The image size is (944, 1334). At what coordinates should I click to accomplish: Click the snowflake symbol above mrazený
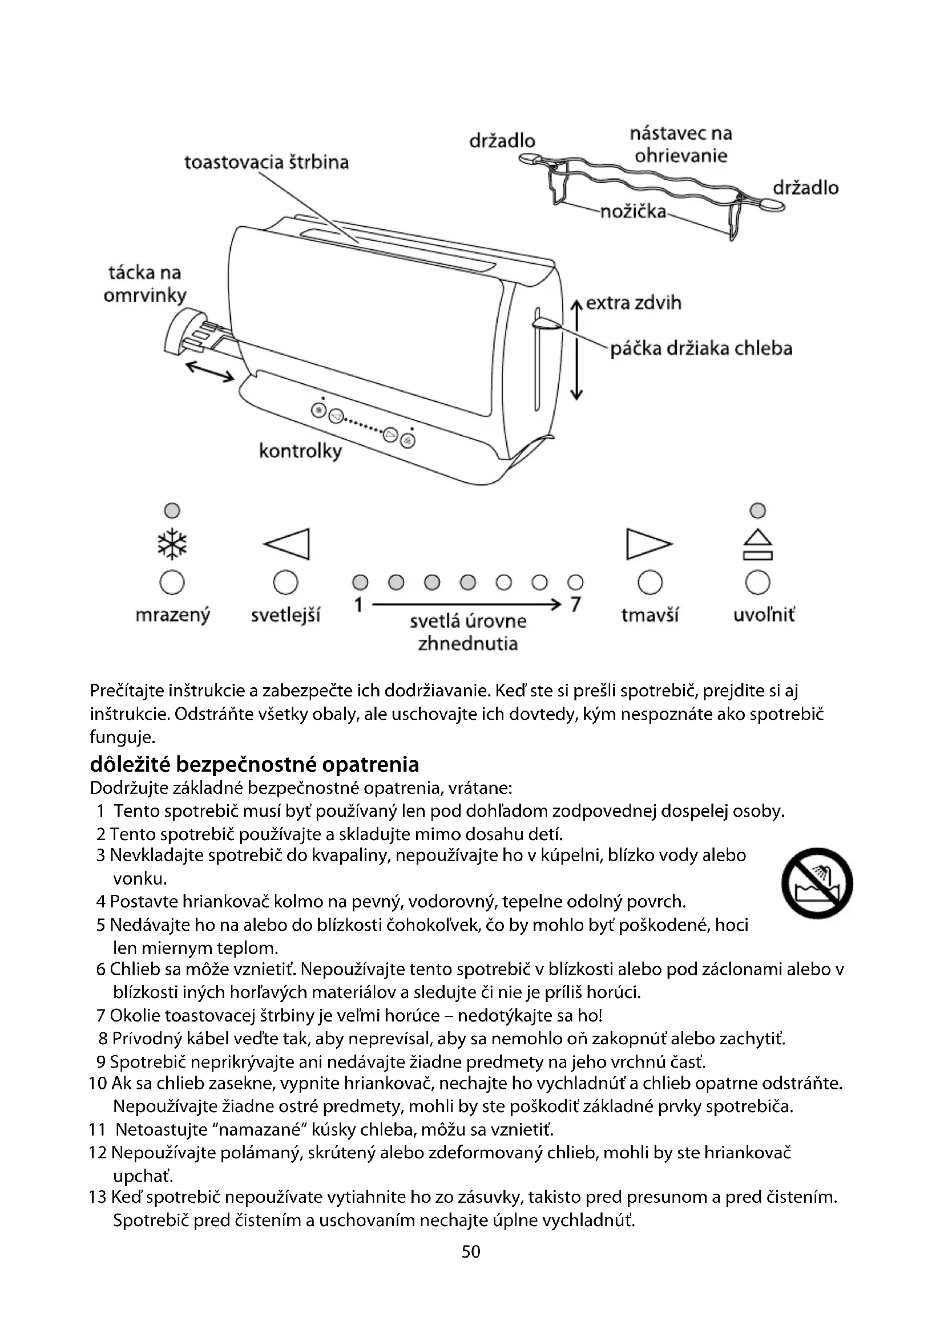172,545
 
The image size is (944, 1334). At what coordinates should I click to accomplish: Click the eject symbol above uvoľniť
757,545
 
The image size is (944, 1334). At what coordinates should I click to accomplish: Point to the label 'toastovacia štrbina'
266,162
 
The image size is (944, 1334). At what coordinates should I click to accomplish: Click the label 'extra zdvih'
633,303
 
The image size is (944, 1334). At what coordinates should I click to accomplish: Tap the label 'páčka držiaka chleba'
701,348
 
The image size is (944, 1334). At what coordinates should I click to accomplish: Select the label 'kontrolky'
300,451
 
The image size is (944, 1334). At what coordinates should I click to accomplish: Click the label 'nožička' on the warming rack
633,212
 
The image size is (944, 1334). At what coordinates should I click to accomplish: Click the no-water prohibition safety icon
817,883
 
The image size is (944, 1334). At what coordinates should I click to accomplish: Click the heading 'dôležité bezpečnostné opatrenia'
255,764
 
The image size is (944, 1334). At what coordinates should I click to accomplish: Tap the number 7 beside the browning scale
575,605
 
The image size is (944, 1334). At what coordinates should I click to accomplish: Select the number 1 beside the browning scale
358,605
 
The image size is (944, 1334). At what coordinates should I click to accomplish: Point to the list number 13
98,1197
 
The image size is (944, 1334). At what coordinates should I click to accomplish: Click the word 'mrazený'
172,615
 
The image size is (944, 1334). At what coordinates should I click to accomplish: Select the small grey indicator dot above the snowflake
172,510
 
